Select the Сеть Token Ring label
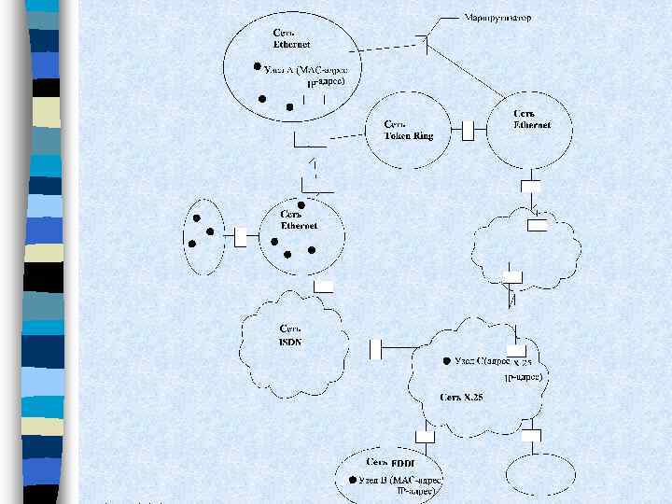409,130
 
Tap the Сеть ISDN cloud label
290,336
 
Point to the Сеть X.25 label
461,398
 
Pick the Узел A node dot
257,67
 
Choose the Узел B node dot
351,479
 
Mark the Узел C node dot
446,359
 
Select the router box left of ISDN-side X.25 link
377,349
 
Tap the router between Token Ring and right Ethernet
470,129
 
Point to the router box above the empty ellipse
532,435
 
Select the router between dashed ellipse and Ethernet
240,237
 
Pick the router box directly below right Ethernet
530,187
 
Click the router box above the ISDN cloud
324,286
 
